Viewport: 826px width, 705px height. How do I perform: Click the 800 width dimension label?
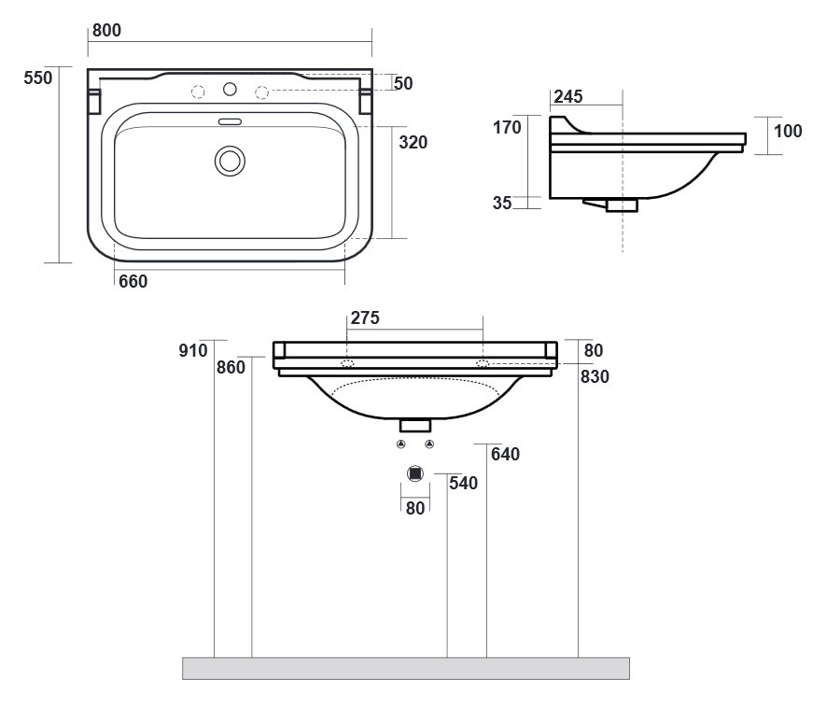pyautogui.click(x=106, y=31)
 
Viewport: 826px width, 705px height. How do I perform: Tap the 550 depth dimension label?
pyautogui.click(x=38, y=78)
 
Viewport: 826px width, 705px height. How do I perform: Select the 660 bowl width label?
pyautogui.click(x=133, y=282)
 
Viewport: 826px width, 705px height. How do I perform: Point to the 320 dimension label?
pyautogui.click(x=413, y=142)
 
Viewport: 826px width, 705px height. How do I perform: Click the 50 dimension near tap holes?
pyautogui.click(x=403, y=83)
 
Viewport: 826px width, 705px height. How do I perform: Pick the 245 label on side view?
pyautogui.click(x=567, y=96)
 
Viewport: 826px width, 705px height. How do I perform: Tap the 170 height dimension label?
pyautogui.click(x=507, y=128)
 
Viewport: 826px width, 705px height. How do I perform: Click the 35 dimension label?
pyautogui.click(x=502, y=203)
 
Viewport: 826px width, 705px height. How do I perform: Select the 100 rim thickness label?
pyautogui.click(x=788, y=131)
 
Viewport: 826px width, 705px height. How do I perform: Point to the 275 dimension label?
pyautogui.click(x=365, y=317)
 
